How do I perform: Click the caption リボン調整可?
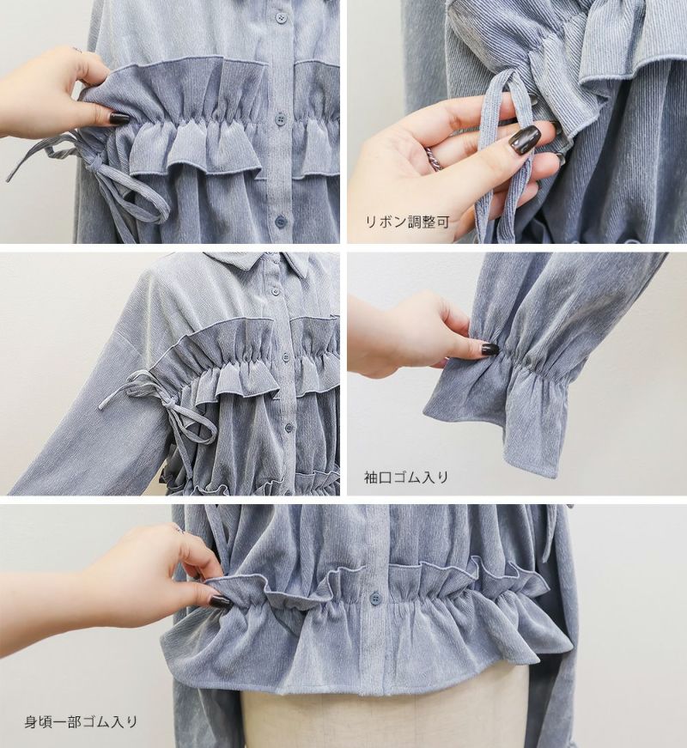407,222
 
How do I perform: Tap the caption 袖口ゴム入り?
406,477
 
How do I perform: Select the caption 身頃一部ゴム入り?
81,721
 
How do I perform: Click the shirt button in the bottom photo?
374,597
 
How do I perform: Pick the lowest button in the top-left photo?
277,222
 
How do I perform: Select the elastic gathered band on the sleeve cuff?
549,365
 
